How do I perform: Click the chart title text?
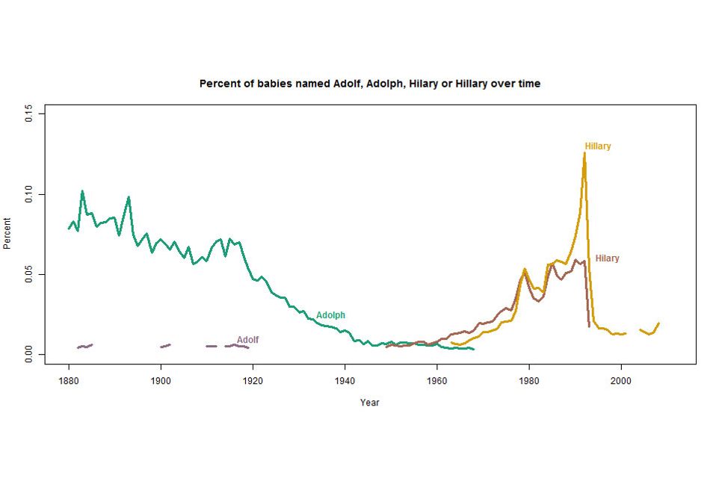(369, 84)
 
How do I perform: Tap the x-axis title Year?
(369, 403)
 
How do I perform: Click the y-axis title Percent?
(7, 234)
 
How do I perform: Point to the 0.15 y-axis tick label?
(29, 114)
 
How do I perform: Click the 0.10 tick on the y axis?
(29, 194)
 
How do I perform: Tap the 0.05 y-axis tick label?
(29, 274)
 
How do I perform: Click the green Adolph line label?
(330, 315)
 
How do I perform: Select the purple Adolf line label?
(247, 340)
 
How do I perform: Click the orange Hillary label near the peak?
(598, 146)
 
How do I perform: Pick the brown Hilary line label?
(607, 258)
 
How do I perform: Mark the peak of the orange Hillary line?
(584, 153)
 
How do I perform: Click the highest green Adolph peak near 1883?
(82, 191)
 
